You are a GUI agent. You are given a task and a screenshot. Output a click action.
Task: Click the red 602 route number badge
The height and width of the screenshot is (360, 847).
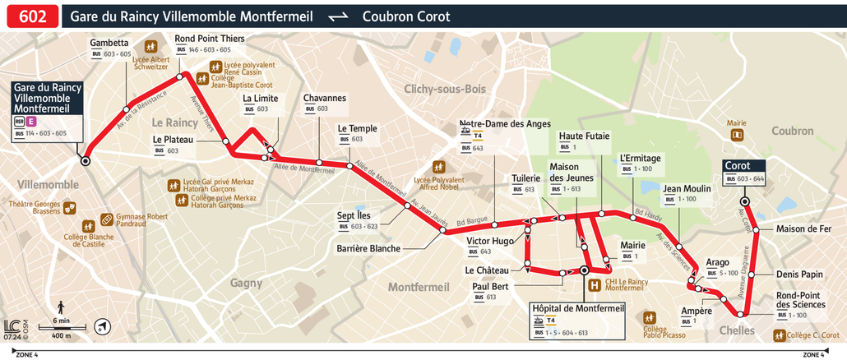(x=30, y=16)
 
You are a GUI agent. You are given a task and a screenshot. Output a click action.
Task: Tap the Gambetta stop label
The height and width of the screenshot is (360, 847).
(x=109, y=43)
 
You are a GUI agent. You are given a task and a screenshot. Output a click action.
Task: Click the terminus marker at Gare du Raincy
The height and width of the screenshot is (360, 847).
(x=85, y=160)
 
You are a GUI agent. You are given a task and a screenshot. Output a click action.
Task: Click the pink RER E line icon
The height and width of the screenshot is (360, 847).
(x=31, y=121)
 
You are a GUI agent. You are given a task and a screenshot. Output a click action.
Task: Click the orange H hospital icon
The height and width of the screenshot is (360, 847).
(x=594, y=285)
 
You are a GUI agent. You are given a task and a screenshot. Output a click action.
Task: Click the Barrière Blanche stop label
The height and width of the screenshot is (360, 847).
(x=368, y=248)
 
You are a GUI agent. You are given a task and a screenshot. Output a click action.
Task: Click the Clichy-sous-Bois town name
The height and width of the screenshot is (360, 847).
(x=445, y=89)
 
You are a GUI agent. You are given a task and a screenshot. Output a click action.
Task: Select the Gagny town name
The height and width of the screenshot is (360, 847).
(x=246, y=282)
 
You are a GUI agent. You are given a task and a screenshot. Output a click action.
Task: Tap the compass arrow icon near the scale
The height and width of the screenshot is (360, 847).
(x=100, y=326)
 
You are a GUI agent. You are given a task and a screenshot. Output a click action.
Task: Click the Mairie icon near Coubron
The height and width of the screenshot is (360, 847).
(x=738, y=134)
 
